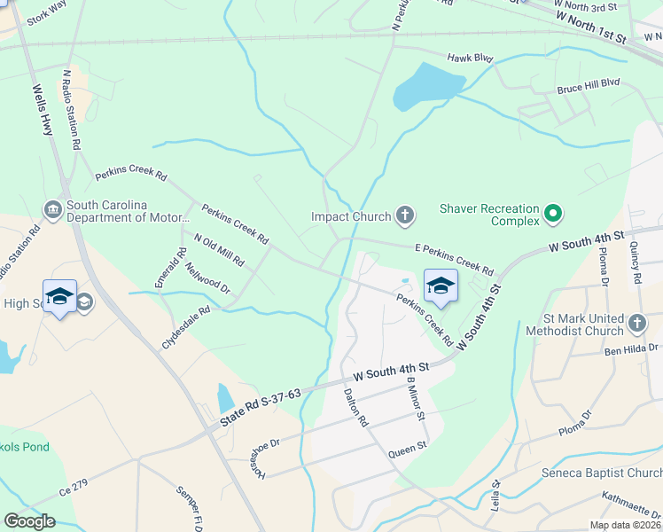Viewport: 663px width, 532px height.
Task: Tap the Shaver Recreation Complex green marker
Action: (554, 214)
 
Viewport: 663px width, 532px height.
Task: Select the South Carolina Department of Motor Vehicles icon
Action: (53, 210)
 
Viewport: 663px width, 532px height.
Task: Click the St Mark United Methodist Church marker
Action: (636, 325)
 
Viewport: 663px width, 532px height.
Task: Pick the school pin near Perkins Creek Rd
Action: (441, 286)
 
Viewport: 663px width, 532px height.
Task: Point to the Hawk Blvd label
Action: (469, 58)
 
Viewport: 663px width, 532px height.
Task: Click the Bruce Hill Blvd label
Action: (588, 89)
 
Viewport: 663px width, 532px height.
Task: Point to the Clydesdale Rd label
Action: (186, 327)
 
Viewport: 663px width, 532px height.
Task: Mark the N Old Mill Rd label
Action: (218, 249)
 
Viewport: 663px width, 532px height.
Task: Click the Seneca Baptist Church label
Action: (602, 473)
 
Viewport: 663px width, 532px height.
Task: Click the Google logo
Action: (29, 521)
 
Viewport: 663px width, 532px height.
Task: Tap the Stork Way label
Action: (47, 13)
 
